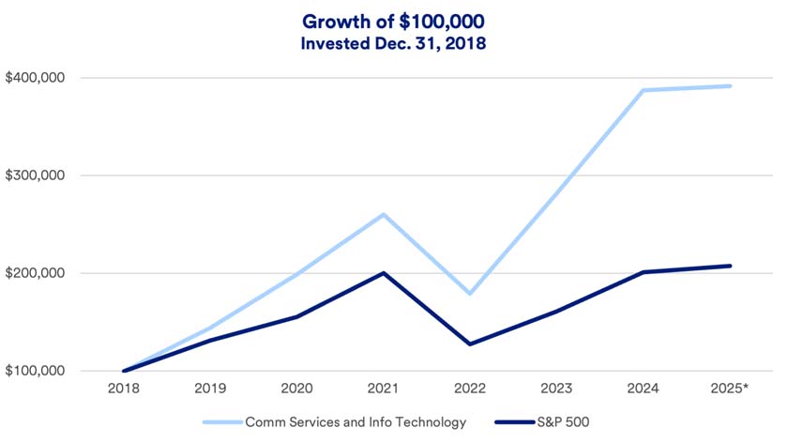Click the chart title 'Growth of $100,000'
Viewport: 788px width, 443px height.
pyautogui.click(x=393, y=21)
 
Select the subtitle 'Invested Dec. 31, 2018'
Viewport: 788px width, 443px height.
pyautogui.click(x=393, y=42)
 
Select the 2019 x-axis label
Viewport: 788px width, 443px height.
pyautogui.click(x=209, y=389)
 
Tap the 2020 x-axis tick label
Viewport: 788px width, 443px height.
pyautogui.click(x=296, y=389)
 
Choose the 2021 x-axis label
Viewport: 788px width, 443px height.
pyautogui.click(x=383, y=389)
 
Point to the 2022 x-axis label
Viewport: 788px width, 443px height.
pyautogui.click(x=469, y=389)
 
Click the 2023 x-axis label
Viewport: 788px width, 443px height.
pyautogui.click(x=555, y=389)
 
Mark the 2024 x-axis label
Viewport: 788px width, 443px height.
pyautogui.click(x=643, y=389)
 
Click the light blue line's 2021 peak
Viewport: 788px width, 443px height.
pyautogui.click(x=383, y=214)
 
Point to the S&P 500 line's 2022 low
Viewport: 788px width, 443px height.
pyautogui.click(x=469, y=344)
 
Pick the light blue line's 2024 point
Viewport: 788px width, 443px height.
pyautogui.click(x=643, y=90)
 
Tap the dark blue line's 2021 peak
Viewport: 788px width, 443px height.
pyautogui.click(x=383, y=273)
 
